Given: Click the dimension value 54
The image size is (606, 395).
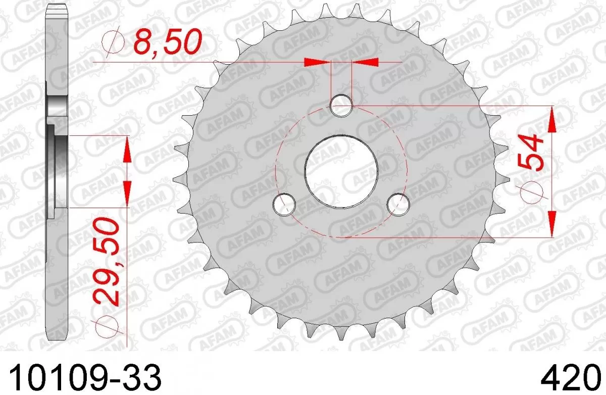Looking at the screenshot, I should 529,153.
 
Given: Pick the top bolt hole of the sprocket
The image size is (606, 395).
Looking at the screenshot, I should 341,106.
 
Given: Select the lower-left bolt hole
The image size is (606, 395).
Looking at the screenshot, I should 283,204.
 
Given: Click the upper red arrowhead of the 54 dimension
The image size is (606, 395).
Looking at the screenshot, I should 553,119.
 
